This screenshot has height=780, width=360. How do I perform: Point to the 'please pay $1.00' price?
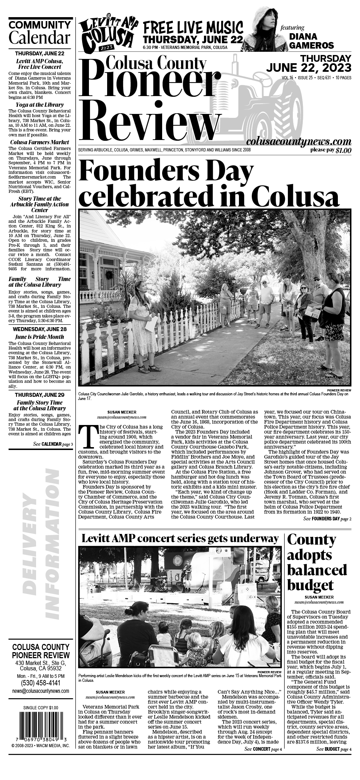330,150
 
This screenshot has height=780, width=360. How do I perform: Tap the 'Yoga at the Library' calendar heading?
40,105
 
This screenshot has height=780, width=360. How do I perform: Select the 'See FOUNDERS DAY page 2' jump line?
327,519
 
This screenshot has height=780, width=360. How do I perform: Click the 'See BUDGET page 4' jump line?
334,749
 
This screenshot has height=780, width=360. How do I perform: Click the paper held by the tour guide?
151,324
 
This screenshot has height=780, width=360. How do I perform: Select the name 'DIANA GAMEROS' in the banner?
311,41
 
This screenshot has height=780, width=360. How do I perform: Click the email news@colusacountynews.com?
40,691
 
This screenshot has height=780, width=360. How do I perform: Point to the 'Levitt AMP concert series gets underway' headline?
180,539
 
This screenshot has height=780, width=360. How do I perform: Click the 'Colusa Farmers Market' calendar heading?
40,142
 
